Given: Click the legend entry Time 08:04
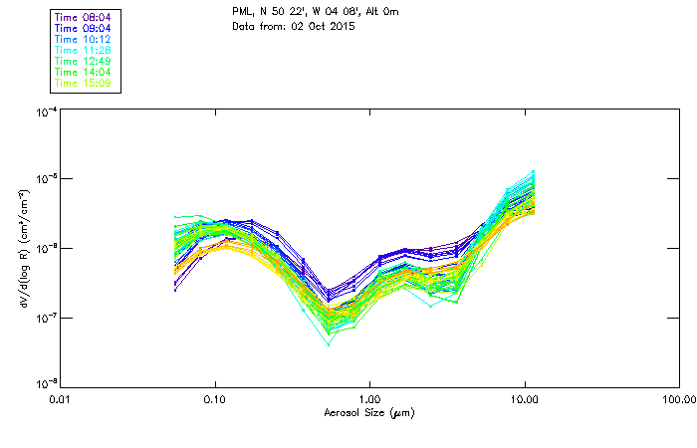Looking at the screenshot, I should pos(85,17).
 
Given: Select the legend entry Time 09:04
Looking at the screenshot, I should pos(85,28).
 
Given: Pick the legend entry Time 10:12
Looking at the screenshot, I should pos(85,39).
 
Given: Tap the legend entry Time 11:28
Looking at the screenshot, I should pos(85,50).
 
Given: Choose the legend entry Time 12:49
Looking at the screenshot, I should pos(85,61).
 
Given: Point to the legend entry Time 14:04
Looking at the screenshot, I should pos(85,72).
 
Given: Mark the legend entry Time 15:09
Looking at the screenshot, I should pos(85,83).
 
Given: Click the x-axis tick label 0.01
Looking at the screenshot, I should pos(61,399).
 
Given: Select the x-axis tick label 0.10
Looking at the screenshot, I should pos(215,399).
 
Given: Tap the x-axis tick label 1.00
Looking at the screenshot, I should pos(370,399).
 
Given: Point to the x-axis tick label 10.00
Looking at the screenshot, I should pos(525,399).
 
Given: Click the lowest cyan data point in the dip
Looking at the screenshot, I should pos(329,344).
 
